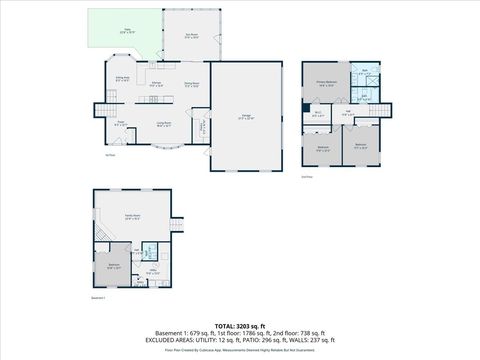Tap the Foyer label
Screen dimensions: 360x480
120,123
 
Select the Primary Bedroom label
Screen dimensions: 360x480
326,83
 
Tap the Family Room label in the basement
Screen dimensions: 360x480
131,216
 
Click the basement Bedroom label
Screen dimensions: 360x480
114,265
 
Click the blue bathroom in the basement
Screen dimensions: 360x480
150,252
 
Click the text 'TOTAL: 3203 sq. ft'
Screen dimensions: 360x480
240,326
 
